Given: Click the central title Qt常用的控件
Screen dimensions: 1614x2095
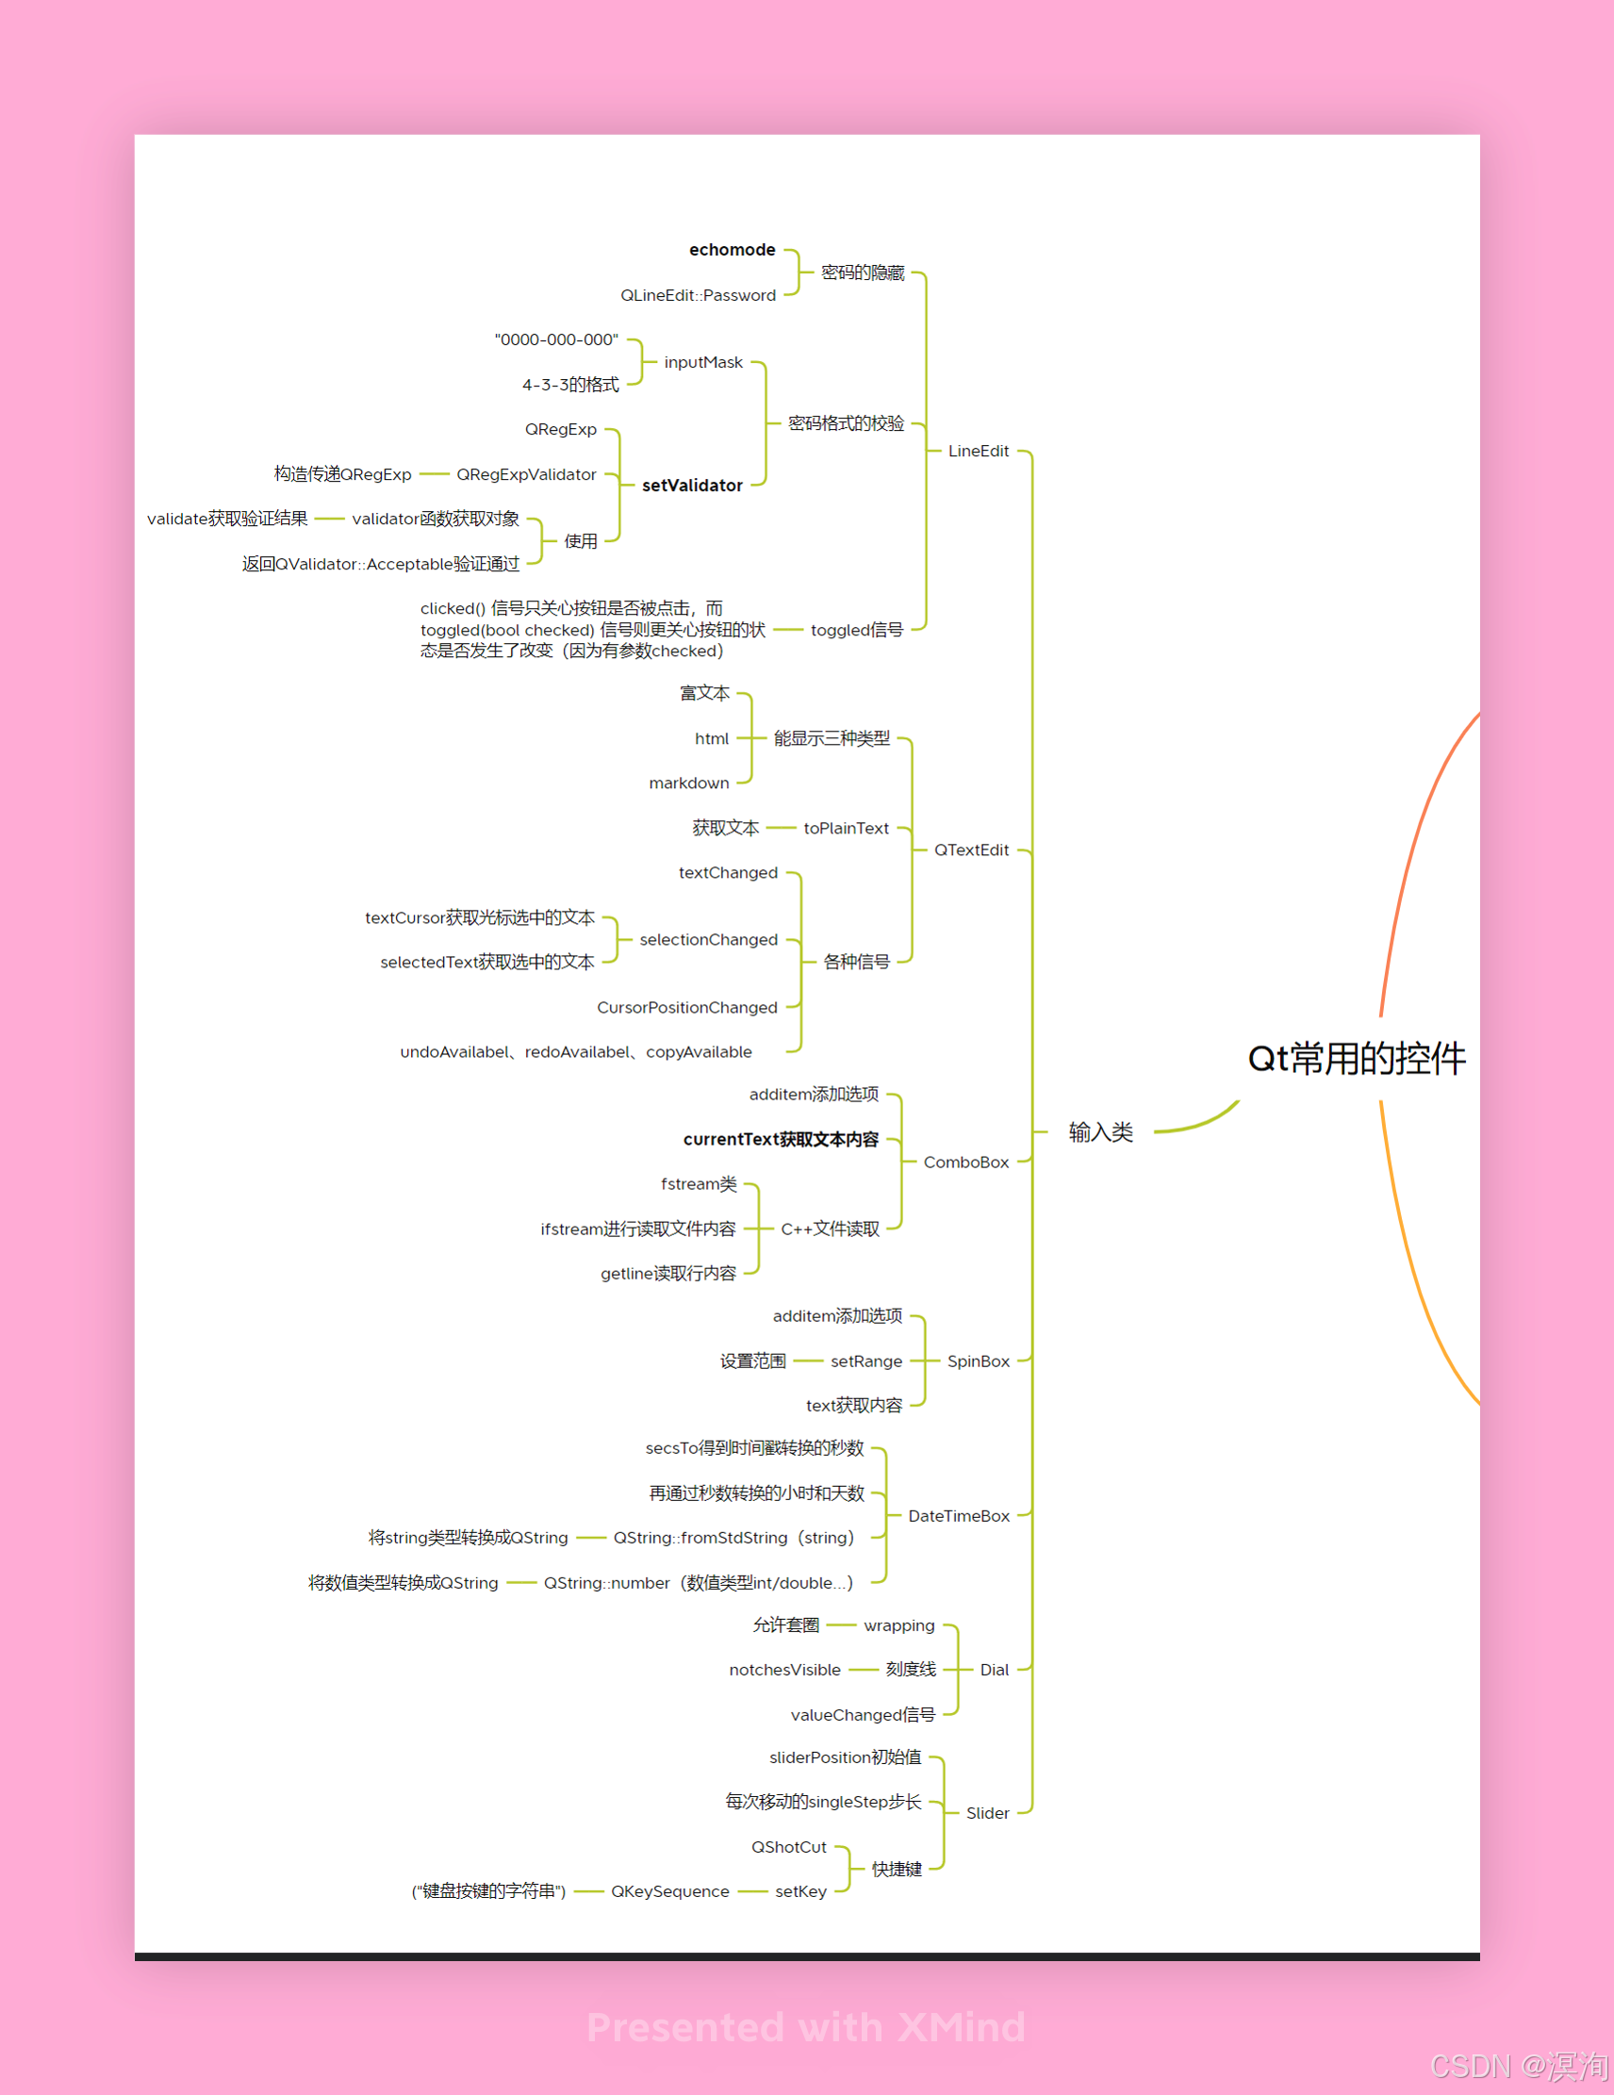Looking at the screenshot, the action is (x=1356, y=1058).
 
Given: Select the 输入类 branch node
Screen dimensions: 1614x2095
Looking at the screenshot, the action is (x=1100, y=1132).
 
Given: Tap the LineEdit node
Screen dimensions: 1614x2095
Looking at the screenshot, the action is (x=979, y=451).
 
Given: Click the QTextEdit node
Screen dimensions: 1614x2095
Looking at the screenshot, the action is (x=970, y=850).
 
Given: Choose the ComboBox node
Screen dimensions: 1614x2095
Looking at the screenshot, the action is (x=965, y=1162).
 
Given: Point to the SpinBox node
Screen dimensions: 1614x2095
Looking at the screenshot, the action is (x=979, y=1361).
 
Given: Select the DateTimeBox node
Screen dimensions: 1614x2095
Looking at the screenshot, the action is (x=958, y=1515).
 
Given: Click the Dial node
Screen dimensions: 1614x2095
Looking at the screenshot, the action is (x=994, y=1669).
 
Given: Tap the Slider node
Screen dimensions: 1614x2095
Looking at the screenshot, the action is (x=987, y=1813).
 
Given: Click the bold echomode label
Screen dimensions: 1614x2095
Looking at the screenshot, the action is (x=732, y=250).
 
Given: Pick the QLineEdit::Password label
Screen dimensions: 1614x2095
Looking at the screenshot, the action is (x=698, y=295).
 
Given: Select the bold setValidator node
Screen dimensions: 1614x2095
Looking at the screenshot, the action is (x=691, y=486).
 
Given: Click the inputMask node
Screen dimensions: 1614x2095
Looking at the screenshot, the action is (x=703, y=363).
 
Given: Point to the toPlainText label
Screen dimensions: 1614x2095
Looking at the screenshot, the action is (x=846, y=828).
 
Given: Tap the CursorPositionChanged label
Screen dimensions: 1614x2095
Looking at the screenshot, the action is (x=686, y=1007).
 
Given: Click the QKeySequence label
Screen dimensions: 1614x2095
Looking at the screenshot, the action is (x=669, y=1891).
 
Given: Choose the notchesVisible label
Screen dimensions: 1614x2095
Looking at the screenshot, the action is (x=784, y=1670).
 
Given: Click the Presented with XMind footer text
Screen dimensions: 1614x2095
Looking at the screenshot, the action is (x=805, y=2027).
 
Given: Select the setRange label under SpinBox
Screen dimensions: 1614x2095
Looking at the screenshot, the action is (x=866, y=1361).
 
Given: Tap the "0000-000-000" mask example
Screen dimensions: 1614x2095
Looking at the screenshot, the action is (x=556, y=339).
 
